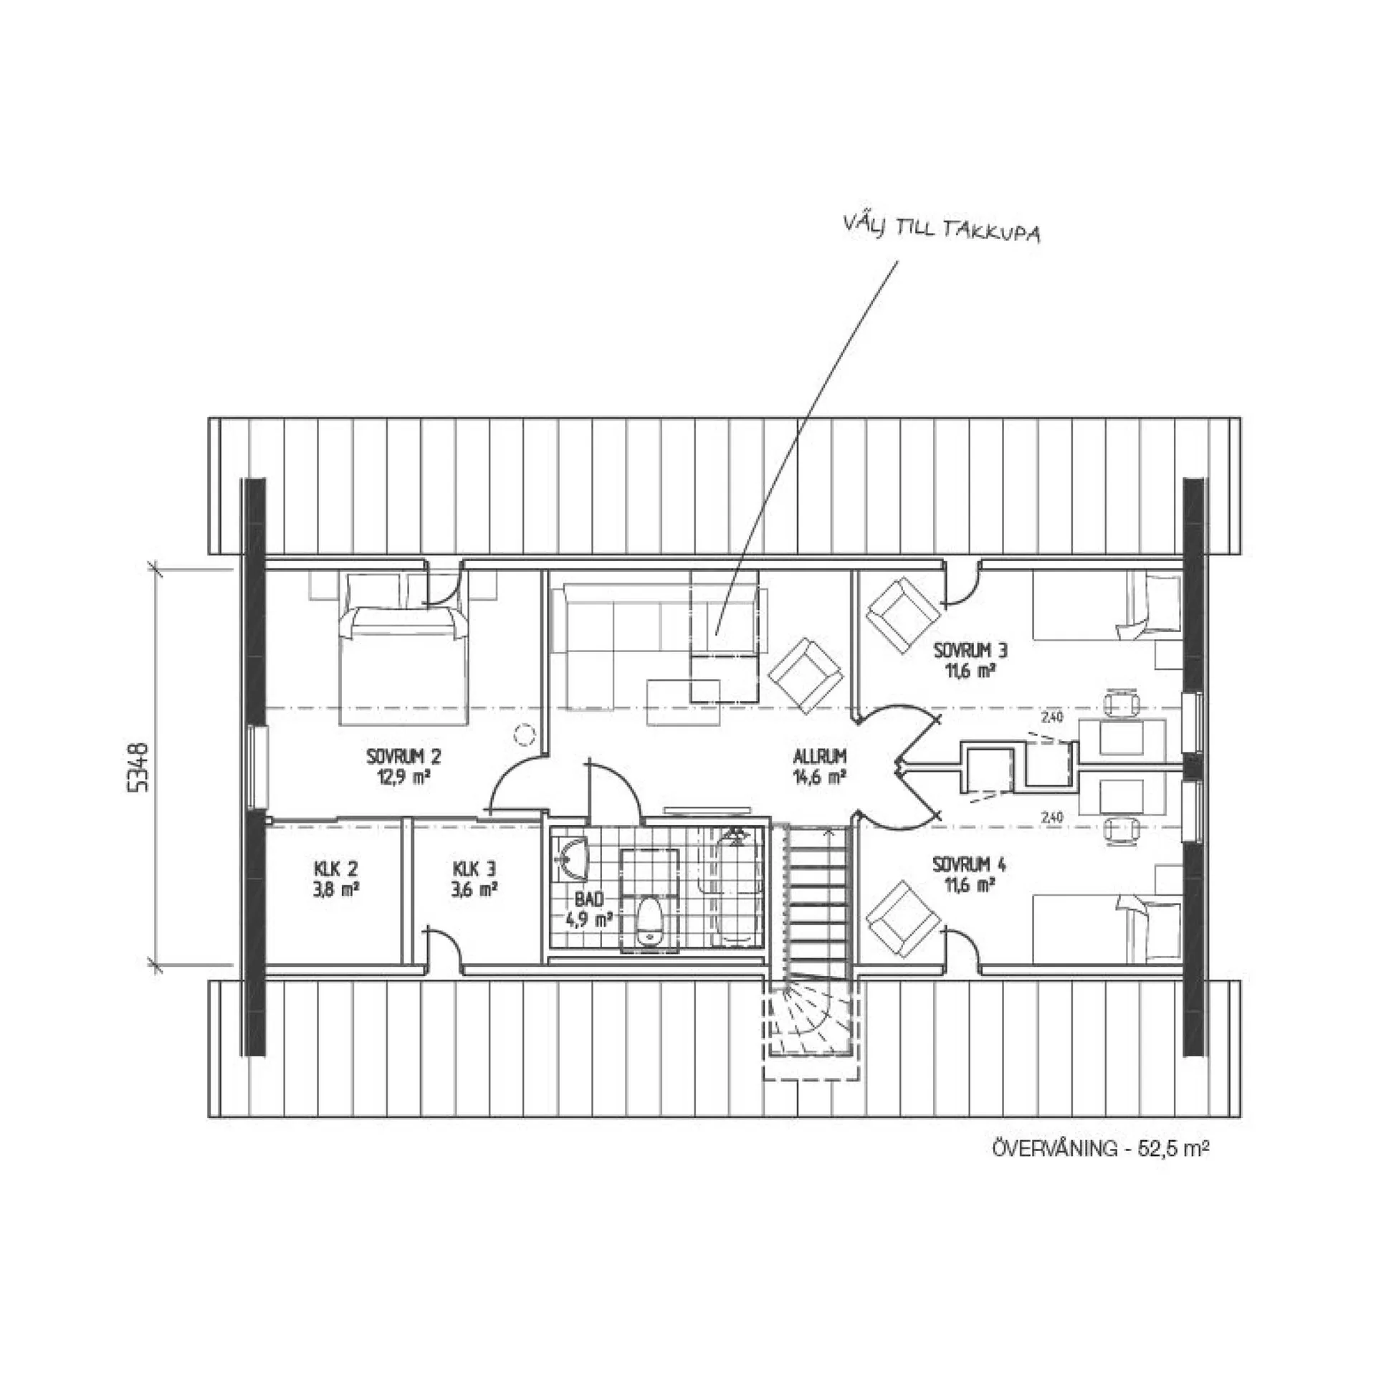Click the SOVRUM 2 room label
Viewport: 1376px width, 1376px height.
pos(403,756)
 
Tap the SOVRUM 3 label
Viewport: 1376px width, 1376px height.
pos(971,651)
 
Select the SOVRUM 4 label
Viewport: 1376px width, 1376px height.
pos(969,865)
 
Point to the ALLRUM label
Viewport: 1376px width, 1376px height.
pos(820,756)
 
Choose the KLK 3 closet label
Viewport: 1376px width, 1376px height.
pos(474,869)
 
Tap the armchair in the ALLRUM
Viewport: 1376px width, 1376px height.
pos(805,676)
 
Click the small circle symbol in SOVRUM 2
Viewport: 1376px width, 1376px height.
pos(525,734)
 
